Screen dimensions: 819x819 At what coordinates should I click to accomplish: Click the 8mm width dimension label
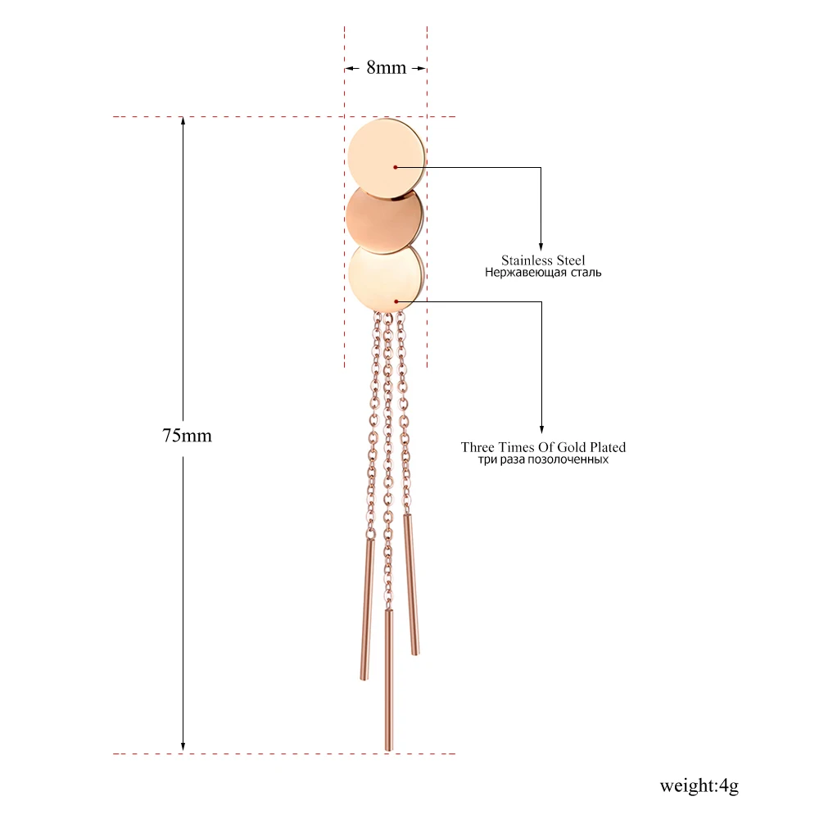(386, 68)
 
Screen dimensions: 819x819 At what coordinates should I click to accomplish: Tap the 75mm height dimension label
(187, 436)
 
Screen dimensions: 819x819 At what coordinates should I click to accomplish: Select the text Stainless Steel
(543, 260)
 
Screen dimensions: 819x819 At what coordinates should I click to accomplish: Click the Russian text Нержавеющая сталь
(543, 273)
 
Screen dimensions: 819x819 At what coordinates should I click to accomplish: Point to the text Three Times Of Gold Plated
(543, 447)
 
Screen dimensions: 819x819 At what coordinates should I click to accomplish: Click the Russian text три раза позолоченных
(543, 460)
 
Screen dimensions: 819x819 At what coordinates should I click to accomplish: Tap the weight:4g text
(699, 786)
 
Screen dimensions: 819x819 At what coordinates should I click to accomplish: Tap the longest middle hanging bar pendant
(388, 680)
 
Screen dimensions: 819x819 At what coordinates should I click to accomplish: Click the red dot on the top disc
(395, 167)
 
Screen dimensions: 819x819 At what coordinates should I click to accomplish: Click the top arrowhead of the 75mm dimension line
(183, 122)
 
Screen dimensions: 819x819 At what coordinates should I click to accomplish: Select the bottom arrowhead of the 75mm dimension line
(183, 747)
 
